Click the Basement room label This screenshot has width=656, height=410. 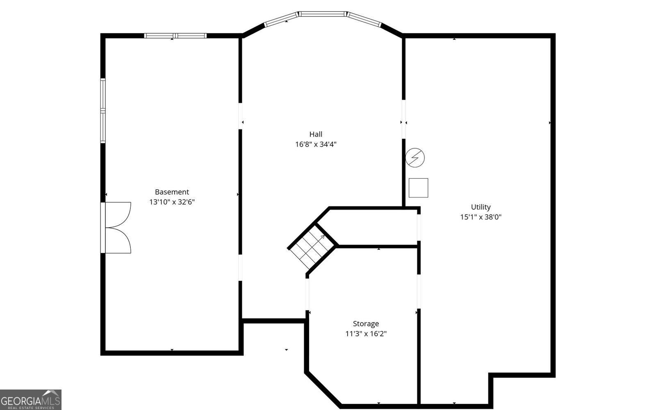pyautogui.click(x=172, y=192)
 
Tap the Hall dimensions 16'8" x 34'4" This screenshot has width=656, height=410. pyautogui.click(x=316, y=144)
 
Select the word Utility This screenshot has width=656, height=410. pyautogui.click(x=481, y=207)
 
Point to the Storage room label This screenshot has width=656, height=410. pyautogui.click(x=366, y=324)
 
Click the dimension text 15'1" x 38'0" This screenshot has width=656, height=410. pyautogui.click(x=481, y=217)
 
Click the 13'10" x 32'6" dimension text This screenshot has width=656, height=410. pyautogui.click(x=172, y=202)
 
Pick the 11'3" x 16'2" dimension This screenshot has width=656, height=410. pyautogui.click(x=366, y=334)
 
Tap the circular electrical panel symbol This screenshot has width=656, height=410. pyautogui.click(x=415, y=157)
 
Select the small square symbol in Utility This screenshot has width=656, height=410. pyautogui.click(x=418, y=188)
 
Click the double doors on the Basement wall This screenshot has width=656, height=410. pyautogui.click(x=117, y=227)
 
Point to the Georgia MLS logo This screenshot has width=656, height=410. pyautogui.click(x=30, y=399)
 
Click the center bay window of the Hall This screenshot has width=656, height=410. pyautogui.click(x=323, y=14)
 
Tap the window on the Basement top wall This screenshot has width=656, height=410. pyautogui.click(x=175, y=36)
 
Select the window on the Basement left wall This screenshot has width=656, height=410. pyautogui.click(x=103, y=111)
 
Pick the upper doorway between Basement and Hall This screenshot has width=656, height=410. pyautogui.click(x=240, y=116)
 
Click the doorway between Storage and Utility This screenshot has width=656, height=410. pyautogui.click(x=419, y=291)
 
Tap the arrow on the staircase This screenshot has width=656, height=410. pyautogui.click(x=322, y=237)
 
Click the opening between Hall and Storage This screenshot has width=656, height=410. pyautogui.click(x=307, y=294)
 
